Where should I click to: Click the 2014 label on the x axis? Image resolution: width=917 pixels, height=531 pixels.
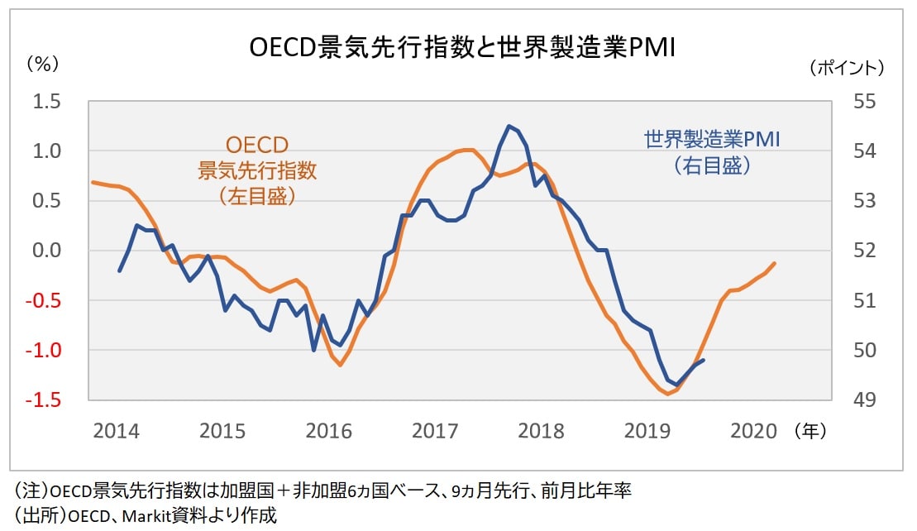point(116,431)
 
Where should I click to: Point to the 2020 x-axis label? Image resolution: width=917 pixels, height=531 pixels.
point(753,431)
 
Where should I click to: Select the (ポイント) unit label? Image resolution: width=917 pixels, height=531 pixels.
point(846,67)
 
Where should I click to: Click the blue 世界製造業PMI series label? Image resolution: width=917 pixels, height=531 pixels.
point(712,139)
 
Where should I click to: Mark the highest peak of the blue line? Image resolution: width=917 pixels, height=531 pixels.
point(509,126)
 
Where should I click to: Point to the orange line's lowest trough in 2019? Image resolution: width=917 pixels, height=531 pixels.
point(667,394)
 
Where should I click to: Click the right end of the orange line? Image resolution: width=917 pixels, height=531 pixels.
point(775,263)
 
